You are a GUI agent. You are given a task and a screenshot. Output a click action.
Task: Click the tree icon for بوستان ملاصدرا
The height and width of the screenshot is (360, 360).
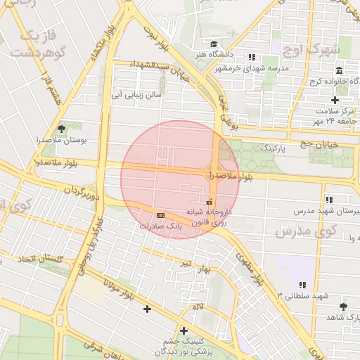click(62, 129)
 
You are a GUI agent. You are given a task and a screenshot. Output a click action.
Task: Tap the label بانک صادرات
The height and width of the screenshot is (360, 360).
click(160, 226)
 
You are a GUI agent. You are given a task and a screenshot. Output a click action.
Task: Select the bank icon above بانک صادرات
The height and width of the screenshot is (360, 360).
click(160, 214)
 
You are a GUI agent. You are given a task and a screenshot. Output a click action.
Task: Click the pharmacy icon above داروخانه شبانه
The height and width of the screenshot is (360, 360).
click(208, 202)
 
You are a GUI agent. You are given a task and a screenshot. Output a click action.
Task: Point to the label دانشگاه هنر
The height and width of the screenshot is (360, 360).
click(210, 54)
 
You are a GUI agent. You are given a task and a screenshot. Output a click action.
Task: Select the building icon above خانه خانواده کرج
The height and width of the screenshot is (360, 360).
click(339, 70)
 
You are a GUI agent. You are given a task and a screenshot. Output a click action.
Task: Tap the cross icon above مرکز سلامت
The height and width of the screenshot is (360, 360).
click(335, 100)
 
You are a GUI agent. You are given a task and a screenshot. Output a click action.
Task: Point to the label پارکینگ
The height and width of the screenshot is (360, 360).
click(274, 149)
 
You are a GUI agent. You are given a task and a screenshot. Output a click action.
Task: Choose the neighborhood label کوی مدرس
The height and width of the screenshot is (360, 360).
click(306, 231)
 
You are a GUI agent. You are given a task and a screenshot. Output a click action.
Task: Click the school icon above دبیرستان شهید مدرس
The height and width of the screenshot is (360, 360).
click(328, 200)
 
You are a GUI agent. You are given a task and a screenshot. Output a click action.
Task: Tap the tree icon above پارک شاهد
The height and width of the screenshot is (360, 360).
click(343, 307)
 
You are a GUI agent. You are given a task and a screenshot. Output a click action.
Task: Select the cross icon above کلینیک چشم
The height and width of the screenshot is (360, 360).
click(184, 330)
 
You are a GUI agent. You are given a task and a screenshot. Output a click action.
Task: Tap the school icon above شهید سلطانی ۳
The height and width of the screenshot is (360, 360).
click(302, 285)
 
